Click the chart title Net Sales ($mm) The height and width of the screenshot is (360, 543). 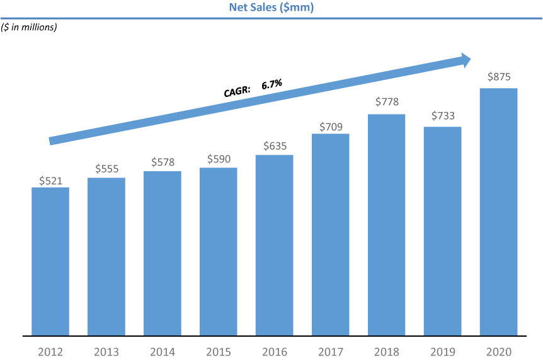click(x=271, y=8)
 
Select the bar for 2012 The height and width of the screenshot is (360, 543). click(x=50, y=261)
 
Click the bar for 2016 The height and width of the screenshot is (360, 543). click(x=274, y=245)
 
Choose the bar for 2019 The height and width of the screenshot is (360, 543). click(x=443, y=231)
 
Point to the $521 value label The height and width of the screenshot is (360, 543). click(x=50, y=180)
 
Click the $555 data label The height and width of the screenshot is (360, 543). click(x=106, y=169)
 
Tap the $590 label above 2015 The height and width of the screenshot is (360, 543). click(x=219, y=159)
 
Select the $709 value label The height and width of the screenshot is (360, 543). click(x=331, y=127)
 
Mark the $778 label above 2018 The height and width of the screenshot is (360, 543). click(x=387, y=101)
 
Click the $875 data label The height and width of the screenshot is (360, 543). click(x=499, y=77)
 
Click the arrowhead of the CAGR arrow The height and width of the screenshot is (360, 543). click(x=465, y=60)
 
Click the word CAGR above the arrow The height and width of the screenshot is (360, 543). click(x=237, y=91)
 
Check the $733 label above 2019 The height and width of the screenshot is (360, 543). click(x=443, y=116)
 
